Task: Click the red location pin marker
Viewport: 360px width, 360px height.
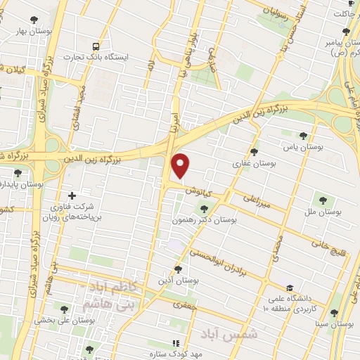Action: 181,165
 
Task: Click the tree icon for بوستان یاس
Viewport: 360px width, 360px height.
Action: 304,136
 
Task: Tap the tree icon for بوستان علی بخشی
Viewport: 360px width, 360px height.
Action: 65,309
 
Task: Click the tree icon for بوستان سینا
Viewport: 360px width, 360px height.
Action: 334,314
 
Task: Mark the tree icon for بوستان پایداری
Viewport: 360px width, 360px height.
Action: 18,173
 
